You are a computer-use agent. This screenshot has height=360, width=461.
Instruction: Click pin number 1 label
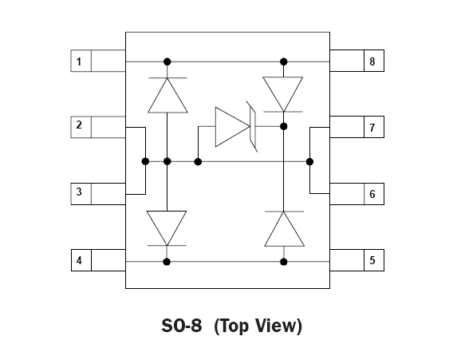point(79,61)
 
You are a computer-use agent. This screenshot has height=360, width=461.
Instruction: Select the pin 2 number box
point(81,127)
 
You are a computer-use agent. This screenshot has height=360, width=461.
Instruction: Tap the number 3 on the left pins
point(79,192)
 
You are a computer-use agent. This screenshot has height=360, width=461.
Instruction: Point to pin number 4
point(79,260)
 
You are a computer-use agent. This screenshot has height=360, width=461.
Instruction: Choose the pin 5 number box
point(374,260)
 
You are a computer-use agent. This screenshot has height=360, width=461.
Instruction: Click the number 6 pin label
point(372,194)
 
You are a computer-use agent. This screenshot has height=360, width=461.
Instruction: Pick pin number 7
point(372,128)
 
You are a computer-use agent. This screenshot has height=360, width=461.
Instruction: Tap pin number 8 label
point(372,61)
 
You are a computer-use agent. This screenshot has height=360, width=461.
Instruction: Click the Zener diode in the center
point(236,127)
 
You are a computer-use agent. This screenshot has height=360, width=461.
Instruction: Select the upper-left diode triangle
point(167,95)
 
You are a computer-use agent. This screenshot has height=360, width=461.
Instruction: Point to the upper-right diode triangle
point(283,94)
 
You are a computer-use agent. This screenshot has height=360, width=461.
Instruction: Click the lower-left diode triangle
point(167,228)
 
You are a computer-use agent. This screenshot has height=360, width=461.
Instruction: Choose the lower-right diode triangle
point(284,229)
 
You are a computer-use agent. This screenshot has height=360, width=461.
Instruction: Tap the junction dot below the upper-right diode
point(283,127)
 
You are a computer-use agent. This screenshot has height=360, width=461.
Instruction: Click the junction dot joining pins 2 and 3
point(145,161)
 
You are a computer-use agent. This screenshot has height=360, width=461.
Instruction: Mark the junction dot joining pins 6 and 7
point(309,161)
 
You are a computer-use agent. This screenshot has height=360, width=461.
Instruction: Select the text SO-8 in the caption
point(182,326)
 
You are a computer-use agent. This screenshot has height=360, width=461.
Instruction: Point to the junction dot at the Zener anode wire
point(198,161)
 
